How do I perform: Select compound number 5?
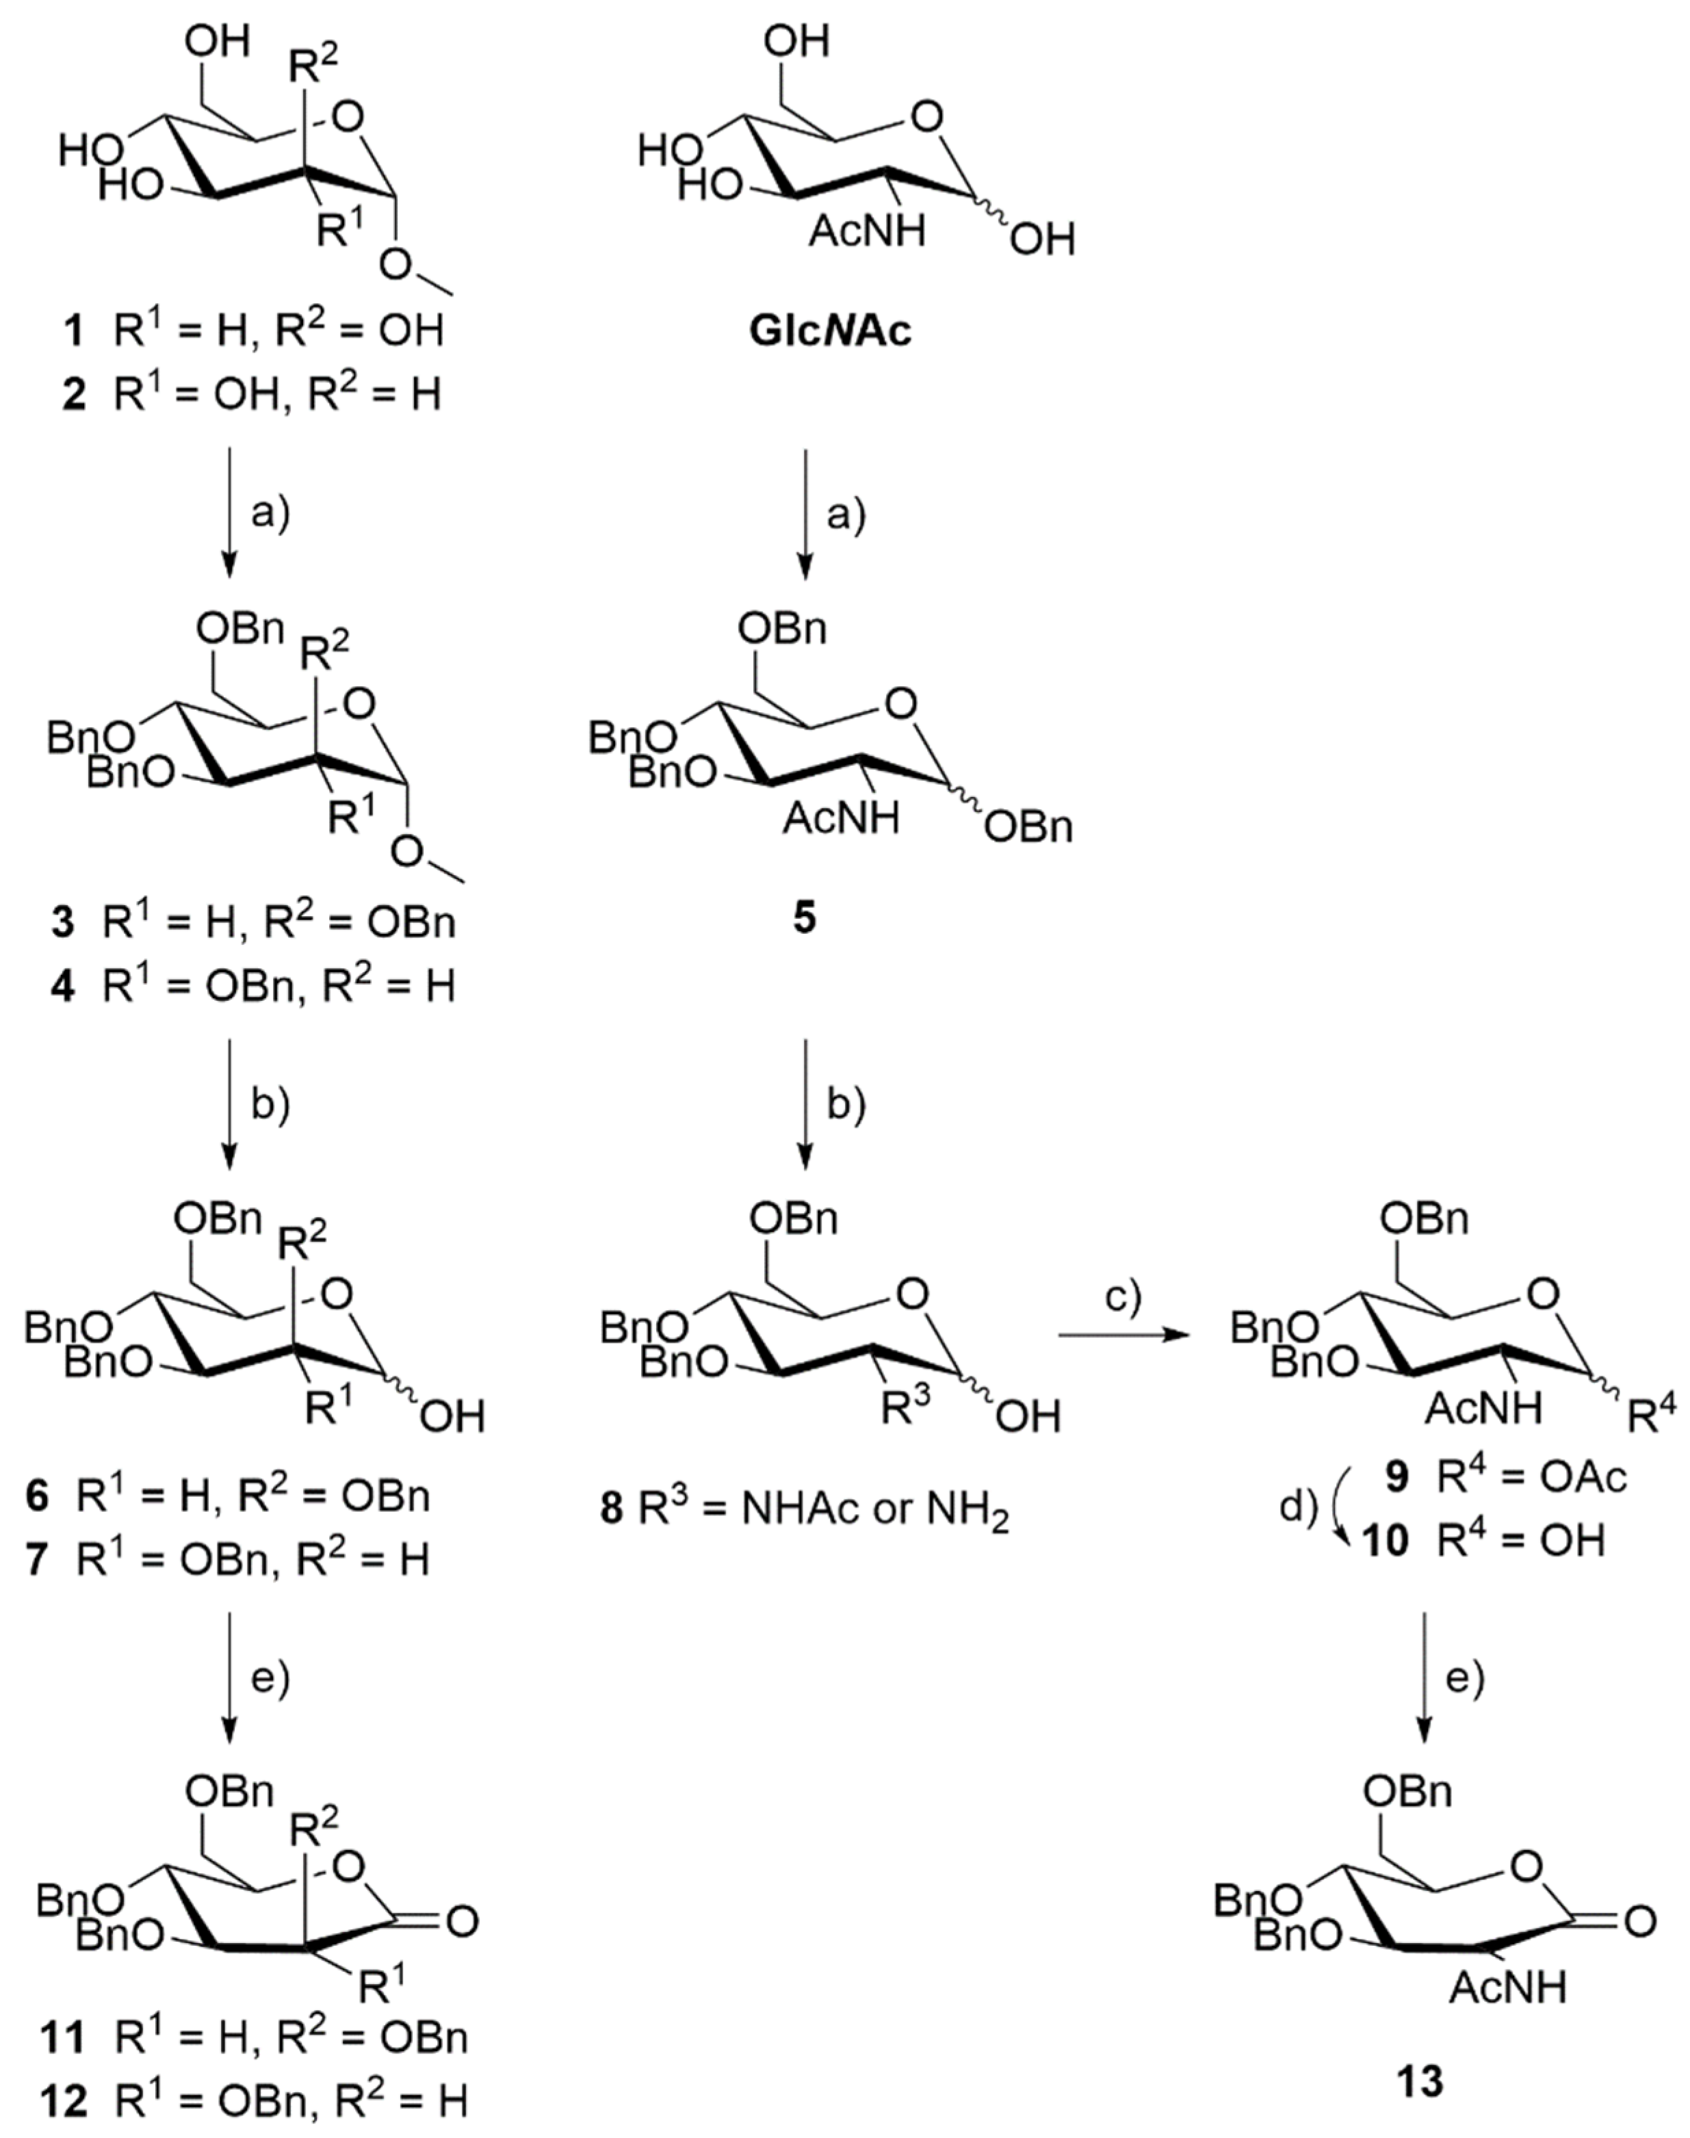805,918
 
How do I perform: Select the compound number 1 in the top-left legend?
73,331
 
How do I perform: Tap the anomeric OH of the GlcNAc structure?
1042,240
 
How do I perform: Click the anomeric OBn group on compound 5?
1029,827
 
